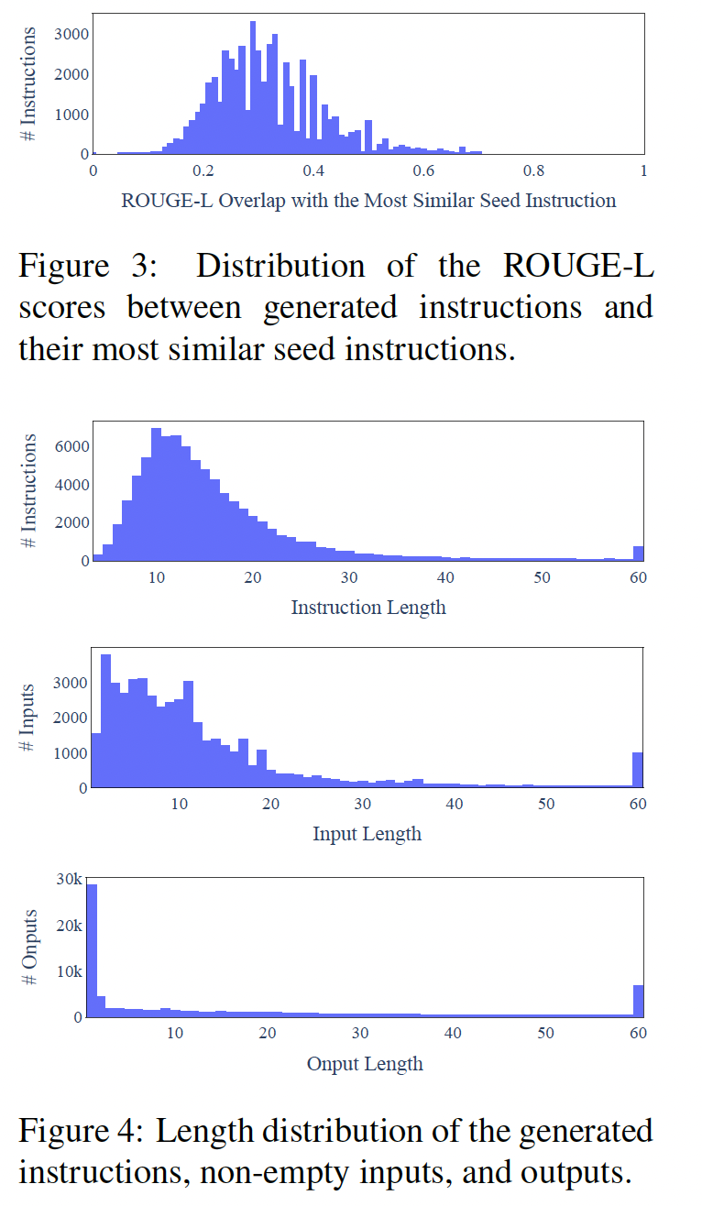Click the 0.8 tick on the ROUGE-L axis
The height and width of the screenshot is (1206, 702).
(x=533, y=170)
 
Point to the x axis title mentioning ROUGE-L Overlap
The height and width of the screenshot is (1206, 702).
(x=368, y=201)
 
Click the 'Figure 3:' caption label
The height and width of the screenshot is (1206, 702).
(x=86, y=267)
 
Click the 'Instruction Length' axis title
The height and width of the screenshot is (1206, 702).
(x=368, y=608)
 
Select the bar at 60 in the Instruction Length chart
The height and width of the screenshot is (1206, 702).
(x=638, y=553)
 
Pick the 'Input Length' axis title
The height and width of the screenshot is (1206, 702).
(x=367, y=834)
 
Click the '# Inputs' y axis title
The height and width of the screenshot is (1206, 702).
(x=28, y=718)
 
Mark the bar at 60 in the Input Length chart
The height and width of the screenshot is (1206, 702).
(x=638, y=770)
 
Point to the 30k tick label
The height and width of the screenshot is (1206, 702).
(x=70, y=880)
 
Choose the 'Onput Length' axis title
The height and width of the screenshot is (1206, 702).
(x=365, y=1064)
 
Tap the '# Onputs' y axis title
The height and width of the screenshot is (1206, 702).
(x=28, y=948)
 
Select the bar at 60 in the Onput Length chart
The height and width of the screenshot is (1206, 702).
(x=638, y=1001)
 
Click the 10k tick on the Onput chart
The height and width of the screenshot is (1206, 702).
(x=70, y=971)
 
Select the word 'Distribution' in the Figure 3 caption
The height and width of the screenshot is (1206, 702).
(x=280, y=267)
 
